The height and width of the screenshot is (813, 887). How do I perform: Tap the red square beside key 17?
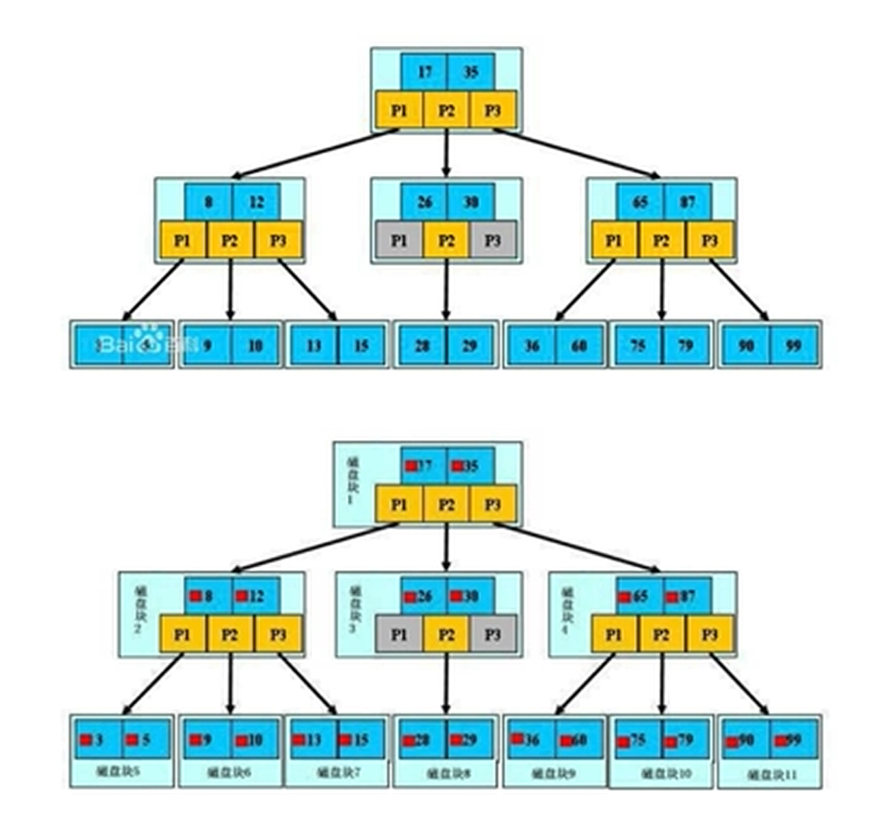point(411,466)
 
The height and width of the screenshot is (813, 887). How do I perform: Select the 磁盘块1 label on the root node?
point(352,478)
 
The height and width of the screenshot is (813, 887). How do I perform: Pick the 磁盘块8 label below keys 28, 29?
point(446,773)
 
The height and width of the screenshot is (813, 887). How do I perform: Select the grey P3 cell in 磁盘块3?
point(493,634)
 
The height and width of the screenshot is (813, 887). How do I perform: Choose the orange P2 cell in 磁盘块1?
point(446,504)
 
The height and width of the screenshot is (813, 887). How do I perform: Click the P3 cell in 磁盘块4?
point(710,634)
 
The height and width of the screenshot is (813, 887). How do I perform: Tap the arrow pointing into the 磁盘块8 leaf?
point(446,686)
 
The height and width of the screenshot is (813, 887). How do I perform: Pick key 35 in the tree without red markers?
point(470,69)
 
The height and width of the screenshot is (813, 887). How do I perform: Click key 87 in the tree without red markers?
point(687,201)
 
